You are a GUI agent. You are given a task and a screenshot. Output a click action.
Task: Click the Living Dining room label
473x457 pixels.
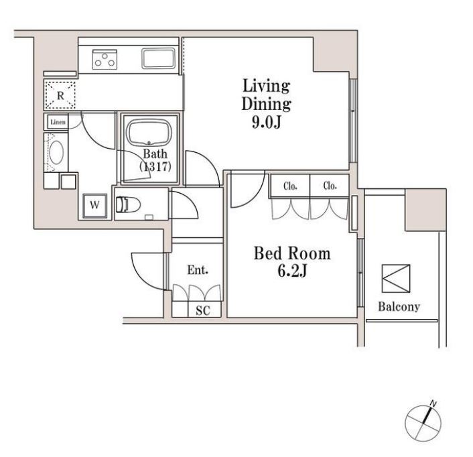tap(267, 94)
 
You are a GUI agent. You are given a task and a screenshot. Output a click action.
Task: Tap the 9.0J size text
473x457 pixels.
tap(267, 122)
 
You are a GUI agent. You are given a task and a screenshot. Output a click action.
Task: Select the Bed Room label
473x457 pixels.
tap(292, 253)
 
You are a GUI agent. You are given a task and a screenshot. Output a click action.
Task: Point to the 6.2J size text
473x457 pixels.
tap(292, 271)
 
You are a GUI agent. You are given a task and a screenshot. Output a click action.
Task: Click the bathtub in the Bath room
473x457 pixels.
tap(149, 133)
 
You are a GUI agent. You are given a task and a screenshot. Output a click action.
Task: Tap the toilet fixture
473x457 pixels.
tap(128, 204)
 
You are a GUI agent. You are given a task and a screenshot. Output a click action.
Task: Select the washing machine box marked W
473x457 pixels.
tap(94, 206)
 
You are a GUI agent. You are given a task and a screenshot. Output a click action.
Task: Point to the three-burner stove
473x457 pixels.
tap(105, 60)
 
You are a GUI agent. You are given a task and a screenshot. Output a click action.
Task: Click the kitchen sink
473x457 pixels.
tap(158, 58)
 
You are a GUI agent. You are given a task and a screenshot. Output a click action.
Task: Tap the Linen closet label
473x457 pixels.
tap(58, 122)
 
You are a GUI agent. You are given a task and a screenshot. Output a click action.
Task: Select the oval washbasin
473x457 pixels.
tap(56, 152)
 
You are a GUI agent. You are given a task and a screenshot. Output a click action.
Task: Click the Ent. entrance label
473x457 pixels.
tap(198, 270)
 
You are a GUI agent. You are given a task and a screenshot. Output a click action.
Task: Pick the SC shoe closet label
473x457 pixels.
tap(203, 310)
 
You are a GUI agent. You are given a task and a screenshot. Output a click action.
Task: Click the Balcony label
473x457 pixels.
tap(399, 306)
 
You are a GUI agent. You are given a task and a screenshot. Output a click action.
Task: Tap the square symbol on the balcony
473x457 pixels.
tap(396, 279)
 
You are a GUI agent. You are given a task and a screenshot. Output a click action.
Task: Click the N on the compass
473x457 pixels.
tap(433, 403)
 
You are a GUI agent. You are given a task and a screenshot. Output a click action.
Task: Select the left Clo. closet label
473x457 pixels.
tap(290, 186)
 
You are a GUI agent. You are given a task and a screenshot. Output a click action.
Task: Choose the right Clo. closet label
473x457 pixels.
tap(330, 186)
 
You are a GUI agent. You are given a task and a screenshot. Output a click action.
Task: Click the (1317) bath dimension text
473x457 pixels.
tap(155, 166)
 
